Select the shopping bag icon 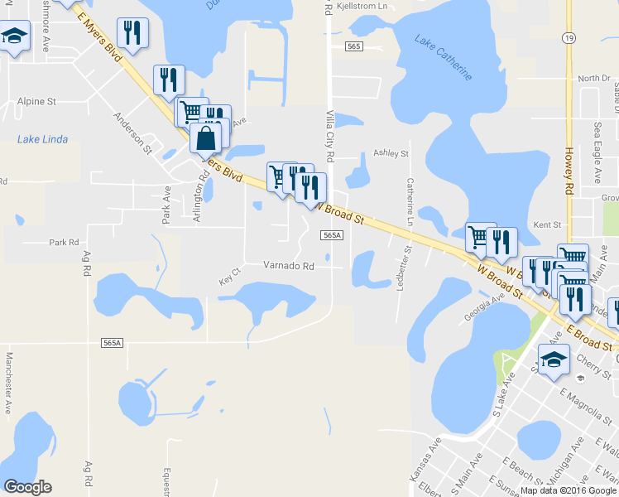tap(206, 138)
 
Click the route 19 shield tap(569, 38)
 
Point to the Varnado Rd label tap(289, 267)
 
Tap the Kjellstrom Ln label tap(360, 6)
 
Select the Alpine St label tap(36, 101)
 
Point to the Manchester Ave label tap(9, 383)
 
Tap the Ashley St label tap(391, 153)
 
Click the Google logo tap(27, 487)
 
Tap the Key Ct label tap(229, 273)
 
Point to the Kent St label tap(548, 224)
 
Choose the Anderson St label tap(133, 133)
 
